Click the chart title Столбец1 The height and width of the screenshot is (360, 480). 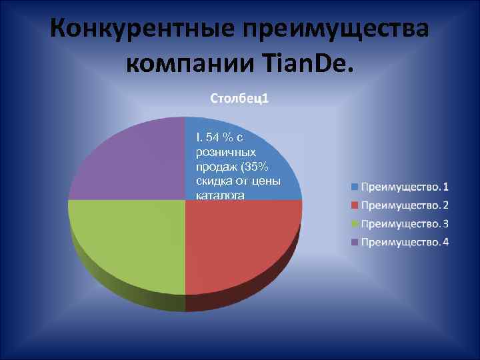[239, 100]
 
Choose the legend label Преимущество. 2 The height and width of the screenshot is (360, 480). [405, 204]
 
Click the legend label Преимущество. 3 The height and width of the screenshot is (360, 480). [405, 223]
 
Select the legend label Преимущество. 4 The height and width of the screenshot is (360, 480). [405, 241]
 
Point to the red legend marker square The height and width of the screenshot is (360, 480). [355, 204]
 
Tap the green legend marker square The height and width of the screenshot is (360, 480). [355, 223]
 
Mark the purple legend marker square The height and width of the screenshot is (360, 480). [355, 241]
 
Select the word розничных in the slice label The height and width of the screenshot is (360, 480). [219, 153]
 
